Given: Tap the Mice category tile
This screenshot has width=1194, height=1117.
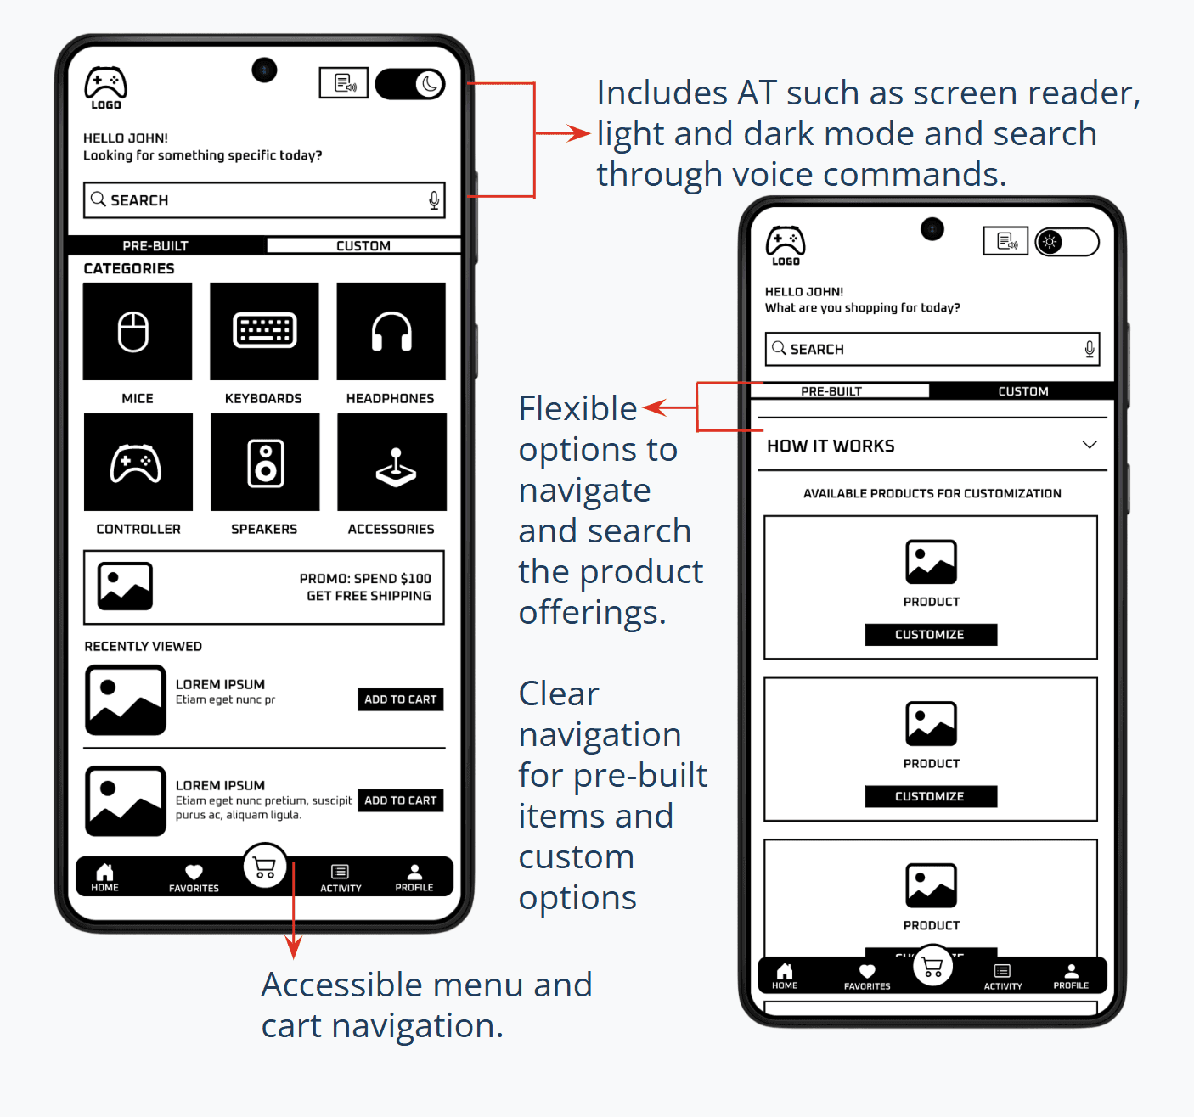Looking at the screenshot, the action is (138, 331).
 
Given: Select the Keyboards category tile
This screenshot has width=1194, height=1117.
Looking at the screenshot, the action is (265, 331).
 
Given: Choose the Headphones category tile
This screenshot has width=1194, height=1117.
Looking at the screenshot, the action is (391, 331).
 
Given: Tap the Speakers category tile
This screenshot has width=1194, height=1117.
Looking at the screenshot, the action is (265, 462).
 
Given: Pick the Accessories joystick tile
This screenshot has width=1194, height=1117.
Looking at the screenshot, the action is (392, 462).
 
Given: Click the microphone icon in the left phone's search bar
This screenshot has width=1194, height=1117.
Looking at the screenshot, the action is (434, 200).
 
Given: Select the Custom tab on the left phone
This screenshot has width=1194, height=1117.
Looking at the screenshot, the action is (363, 245).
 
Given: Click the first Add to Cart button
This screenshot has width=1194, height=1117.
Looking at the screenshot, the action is (400, 699).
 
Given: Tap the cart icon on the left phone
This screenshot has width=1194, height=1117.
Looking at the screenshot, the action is (265, 867).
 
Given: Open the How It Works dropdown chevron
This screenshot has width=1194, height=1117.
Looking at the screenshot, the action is (1090, 445).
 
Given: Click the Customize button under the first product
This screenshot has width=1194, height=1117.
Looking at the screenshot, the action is (931, 634).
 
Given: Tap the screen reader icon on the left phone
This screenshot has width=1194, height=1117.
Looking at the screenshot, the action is (344, 83).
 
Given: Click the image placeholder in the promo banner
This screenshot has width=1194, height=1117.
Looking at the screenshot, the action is (125, 587).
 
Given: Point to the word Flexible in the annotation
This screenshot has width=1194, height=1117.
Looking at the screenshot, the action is (577, 409).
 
